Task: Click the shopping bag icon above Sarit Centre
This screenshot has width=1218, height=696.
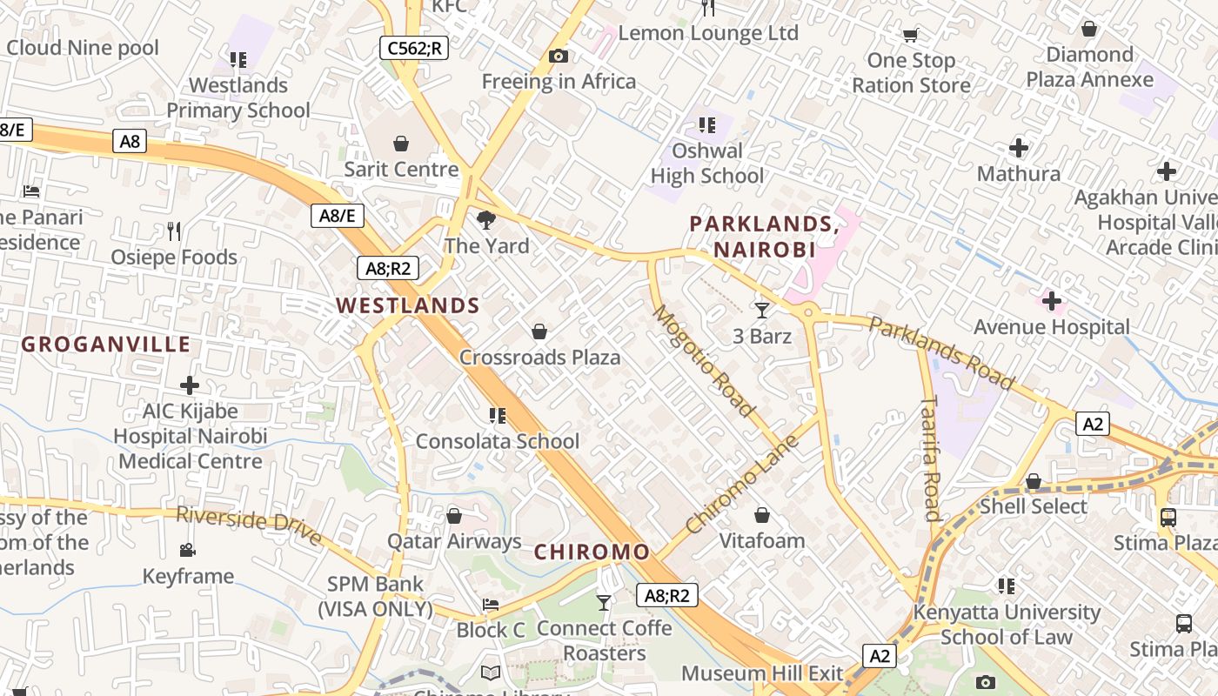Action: [x=401, y=143]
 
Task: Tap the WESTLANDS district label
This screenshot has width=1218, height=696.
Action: [x=408, y=305]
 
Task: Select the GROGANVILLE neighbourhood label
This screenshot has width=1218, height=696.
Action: [x=106, y=345]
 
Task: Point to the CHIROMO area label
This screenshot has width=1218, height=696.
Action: [x=592, y=552]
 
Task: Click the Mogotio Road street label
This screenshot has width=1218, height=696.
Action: [x=703, y=359]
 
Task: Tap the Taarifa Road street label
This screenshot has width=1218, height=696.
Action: [x=931, y=458]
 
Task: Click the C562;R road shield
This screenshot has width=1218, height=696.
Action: [x=414, y=48]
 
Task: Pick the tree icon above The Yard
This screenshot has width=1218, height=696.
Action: [x=485, y=220]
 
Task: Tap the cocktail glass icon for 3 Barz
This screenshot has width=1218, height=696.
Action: [x=762, y=310]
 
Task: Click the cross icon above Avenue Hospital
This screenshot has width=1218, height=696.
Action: [x=1052, y=302]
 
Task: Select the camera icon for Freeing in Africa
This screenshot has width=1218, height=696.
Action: [x=559, y=57]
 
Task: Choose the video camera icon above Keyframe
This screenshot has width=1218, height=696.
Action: [x=187, y=550]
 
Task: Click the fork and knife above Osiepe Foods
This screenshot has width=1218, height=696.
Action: [x=174, y=231]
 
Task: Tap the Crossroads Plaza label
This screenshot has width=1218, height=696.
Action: [x=539, y=358]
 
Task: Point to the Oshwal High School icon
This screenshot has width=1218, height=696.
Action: [x=706, y=125]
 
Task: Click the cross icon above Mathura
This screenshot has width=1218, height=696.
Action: [x=1018, y=148]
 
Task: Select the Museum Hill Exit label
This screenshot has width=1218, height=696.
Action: [x=762, y=673]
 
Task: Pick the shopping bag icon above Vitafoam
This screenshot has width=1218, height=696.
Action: [x=762, y=515]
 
